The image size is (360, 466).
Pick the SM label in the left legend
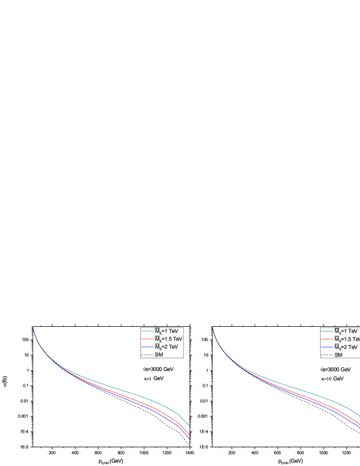(x=159, y=355)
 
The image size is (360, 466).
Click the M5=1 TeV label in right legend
(x=346, y=332)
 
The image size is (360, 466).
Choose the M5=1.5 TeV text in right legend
(x=347, y=340)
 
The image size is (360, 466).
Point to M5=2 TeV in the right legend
(x=346, y=347)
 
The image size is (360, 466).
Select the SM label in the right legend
(x=338, y=355)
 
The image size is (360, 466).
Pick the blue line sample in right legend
(x=327, y=347)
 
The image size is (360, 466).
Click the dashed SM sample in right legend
(x=327, y=355)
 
